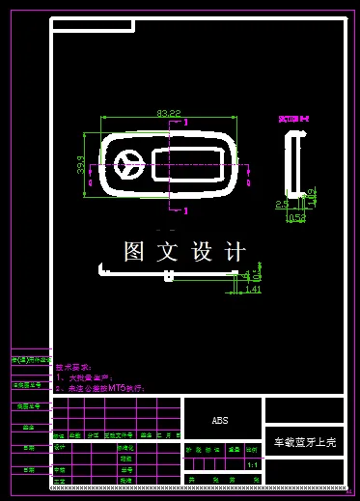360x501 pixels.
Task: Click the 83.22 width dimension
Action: click(x=169, y=114)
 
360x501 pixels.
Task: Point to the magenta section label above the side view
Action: click(x=293, y=119)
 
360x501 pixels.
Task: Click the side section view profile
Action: click(x=292, y=165)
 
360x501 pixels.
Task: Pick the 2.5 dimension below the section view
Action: click(x=282, y=204)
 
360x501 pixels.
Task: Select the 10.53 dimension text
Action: click(x=295, y=218)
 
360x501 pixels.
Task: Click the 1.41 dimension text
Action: click(x=254, y=289)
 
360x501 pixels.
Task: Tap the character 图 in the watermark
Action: click(x=134, y=252)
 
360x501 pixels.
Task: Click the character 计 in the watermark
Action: click(x=234, y=252)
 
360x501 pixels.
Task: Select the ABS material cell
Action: click(x=220, y=421)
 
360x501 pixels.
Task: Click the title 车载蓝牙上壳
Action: click(x=304, y=442)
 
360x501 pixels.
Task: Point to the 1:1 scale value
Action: click(x=252, y=464)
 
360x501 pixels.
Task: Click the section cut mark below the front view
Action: click(x=184, y=209)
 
